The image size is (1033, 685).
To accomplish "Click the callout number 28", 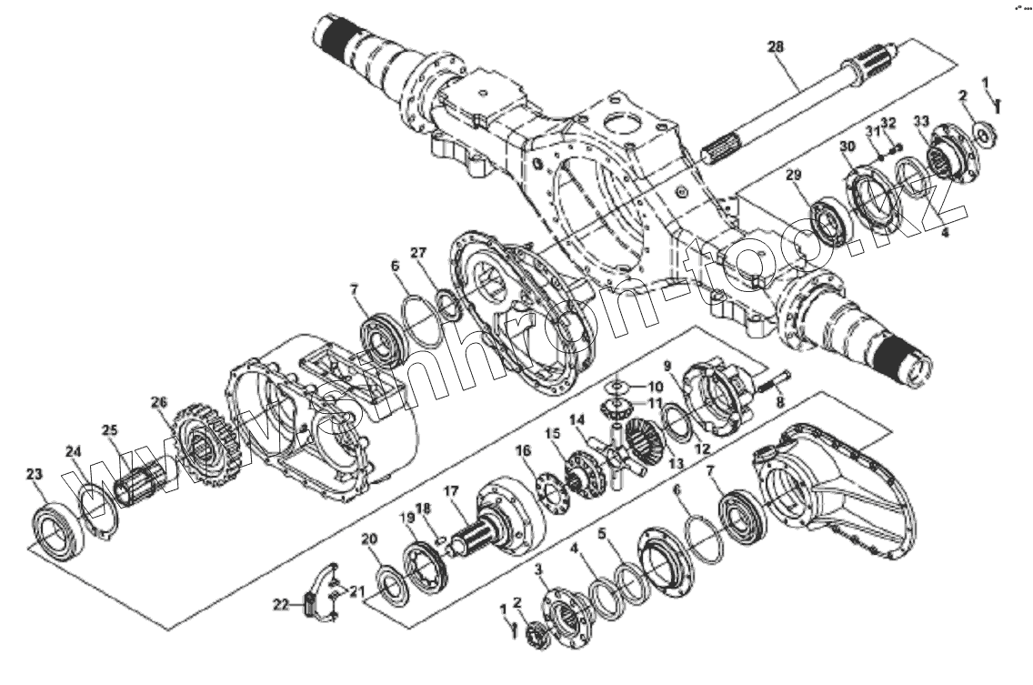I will [x=776, y=46].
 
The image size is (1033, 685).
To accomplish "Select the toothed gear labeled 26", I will [x=201, y=445].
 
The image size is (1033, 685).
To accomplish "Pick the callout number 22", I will [x=282, y=604].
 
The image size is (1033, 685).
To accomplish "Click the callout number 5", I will [x=602, y=535].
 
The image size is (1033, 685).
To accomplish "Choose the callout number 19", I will [x=406, y=518].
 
